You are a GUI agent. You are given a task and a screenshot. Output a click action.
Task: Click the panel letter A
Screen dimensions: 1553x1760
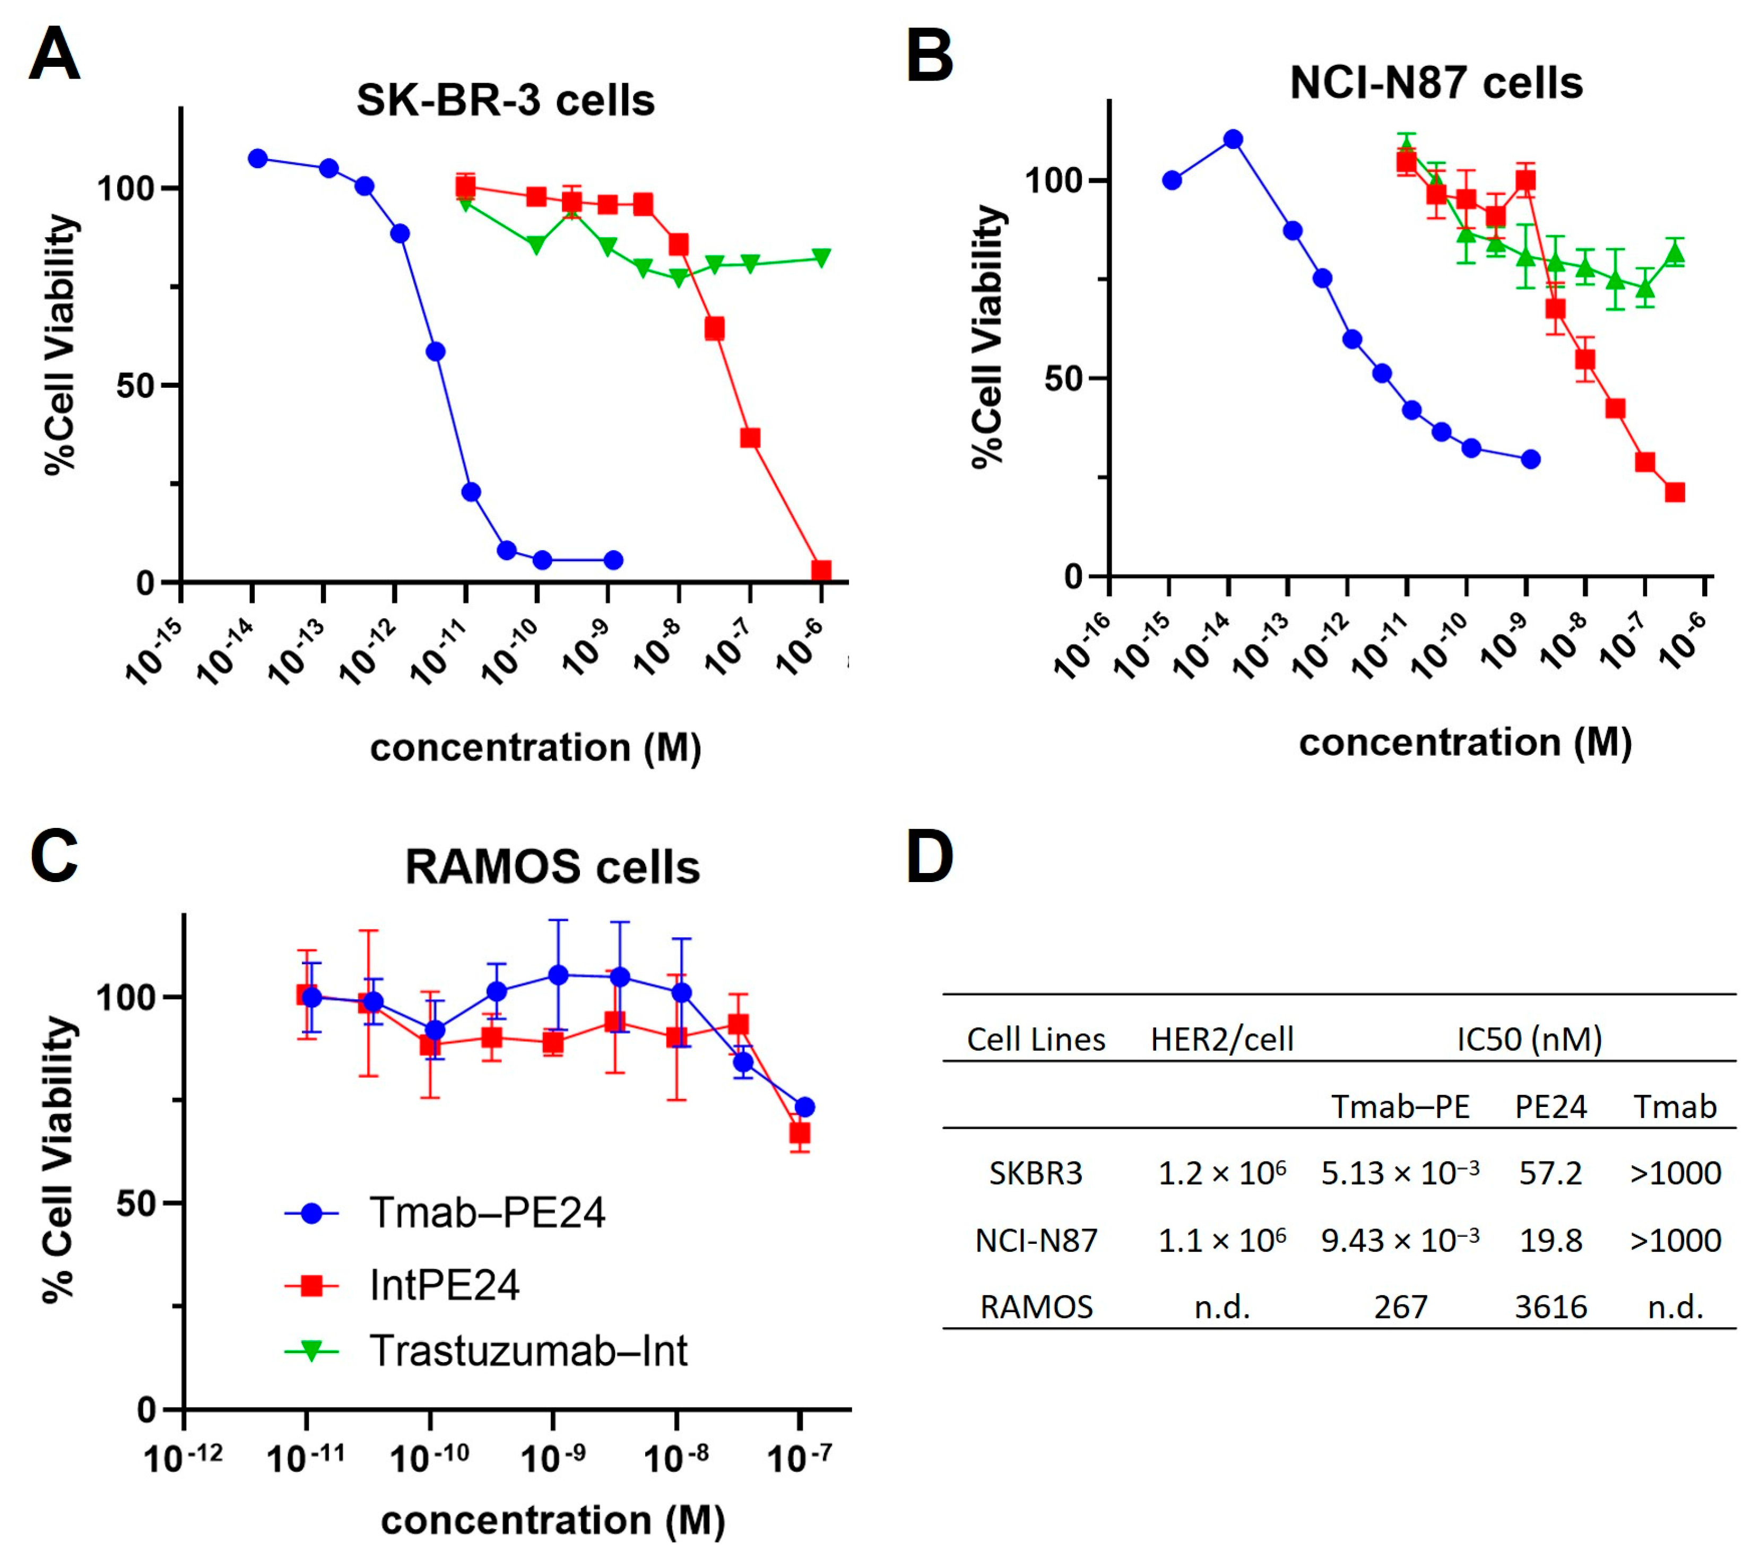pyautogui.click(x=54, y=54)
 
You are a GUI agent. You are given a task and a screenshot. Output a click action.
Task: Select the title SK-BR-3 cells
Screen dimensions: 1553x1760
pyautogui.click(x=506, y=101)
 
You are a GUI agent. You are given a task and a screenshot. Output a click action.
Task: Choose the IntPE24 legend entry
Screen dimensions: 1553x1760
pyautogui.click(x=444, y=1285)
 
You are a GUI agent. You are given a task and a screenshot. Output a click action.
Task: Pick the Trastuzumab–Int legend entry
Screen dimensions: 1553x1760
pyautogui.click(x=528, y=1351)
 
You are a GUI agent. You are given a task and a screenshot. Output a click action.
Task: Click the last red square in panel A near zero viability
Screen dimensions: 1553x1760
pyautogui.click(x=821, y=571)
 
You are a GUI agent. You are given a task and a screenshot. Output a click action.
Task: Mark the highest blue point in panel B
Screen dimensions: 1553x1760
pyautogui.click(x=1233, y=138)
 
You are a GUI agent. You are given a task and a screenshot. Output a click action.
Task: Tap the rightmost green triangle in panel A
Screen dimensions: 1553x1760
pyautogui.click(x=821, y=257)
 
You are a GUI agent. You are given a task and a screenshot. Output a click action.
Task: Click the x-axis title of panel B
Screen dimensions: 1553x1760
pyautogui.click(x=1464, y=742)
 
